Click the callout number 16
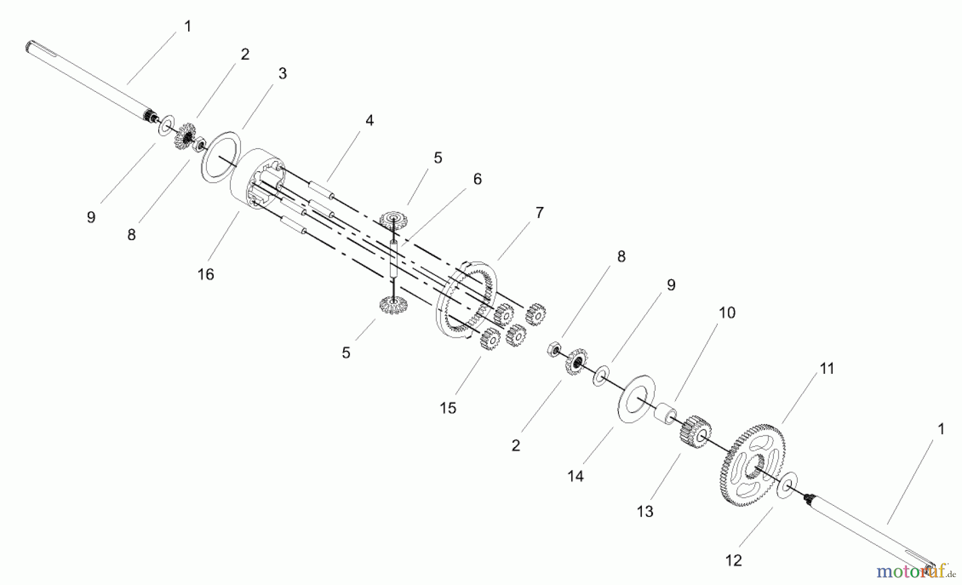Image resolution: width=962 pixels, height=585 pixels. tap(206, 274)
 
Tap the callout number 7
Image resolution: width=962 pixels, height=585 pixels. tap(539, 213)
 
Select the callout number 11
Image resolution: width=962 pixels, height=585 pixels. tap(827, 368)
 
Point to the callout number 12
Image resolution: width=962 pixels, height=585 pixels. tap(733, 560)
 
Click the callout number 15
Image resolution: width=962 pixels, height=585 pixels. tap(448, 408)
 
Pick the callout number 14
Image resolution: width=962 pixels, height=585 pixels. tap(576, 476)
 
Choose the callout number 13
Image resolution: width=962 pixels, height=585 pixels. tap(645, 512)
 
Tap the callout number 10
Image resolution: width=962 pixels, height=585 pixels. tap(727, 312)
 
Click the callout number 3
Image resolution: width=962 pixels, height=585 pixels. tap(282, 74)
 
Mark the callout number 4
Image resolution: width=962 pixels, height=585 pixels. tap(369, 121)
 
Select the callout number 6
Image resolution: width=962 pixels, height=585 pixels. tap(477, 179)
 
